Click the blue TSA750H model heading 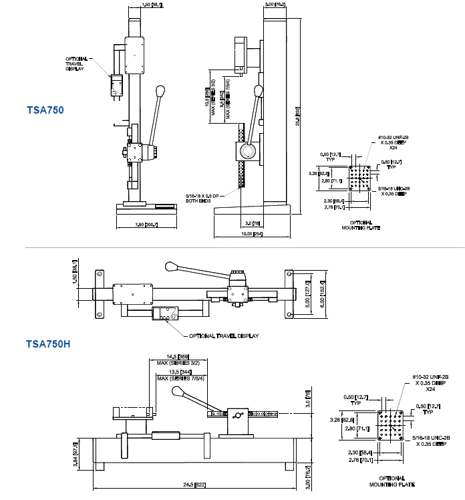(48, 345)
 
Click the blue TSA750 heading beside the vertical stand (45, 110)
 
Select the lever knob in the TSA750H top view (172, 266)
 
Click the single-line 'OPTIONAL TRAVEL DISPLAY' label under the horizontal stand (224, 336)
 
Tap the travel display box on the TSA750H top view (166, 314)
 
